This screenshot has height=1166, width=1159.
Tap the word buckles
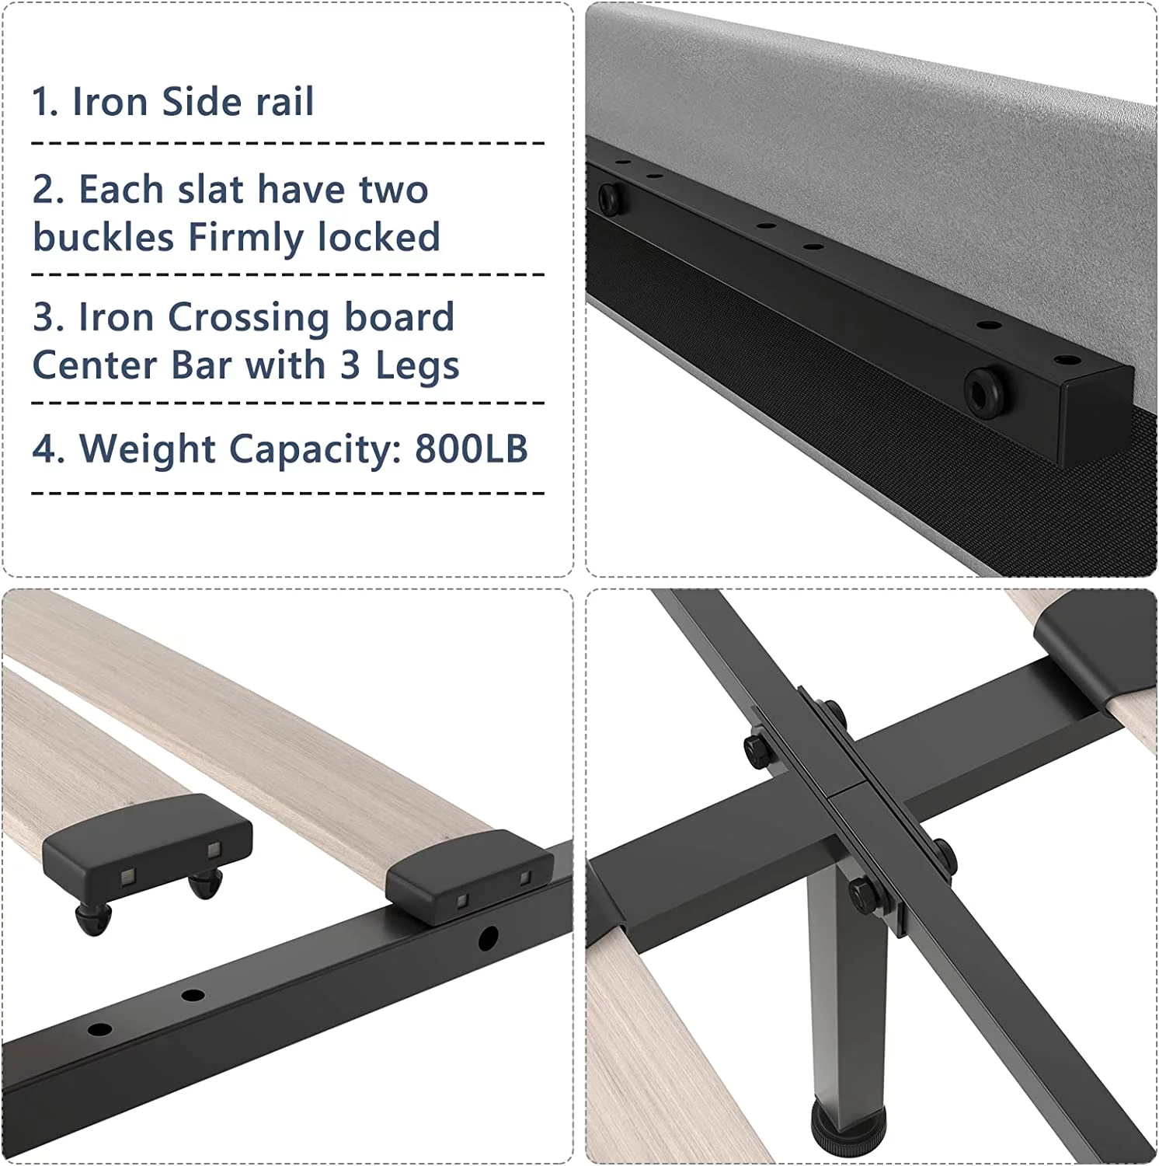coord(103,237)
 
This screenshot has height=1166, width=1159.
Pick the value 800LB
coord(472,449)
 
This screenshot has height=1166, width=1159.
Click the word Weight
coord(148,449)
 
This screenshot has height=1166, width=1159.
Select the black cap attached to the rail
coord(469,875)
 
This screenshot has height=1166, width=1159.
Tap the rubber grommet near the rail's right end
coord(987,389)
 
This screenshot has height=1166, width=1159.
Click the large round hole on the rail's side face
coord(488,939)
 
